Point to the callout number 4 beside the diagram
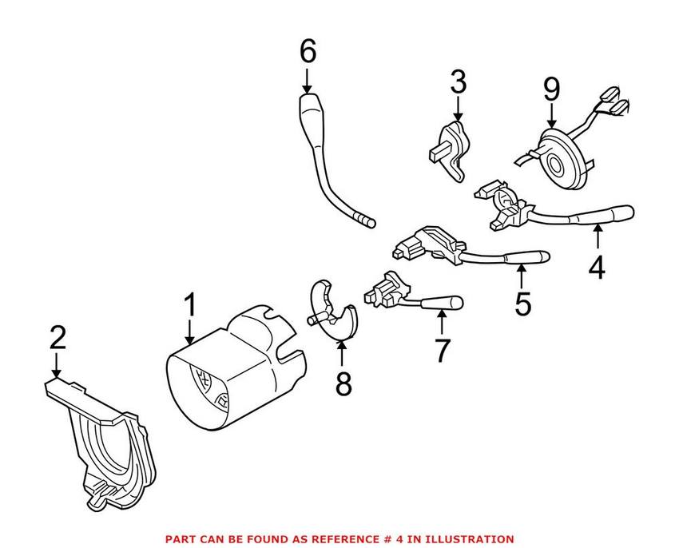click(597, 268)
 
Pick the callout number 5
click(522, 304)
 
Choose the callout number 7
click(442, 350)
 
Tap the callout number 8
click(343, 383)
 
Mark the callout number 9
click(552, 89)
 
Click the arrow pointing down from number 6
click(308, 81)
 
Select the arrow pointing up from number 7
click(442, 323)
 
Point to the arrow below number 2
click(56, 365)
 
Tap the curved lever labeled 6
click(332, 161)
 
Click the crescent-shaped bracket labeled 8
click(333, 311)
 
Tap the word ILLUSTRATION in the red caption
click(470, 539)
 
